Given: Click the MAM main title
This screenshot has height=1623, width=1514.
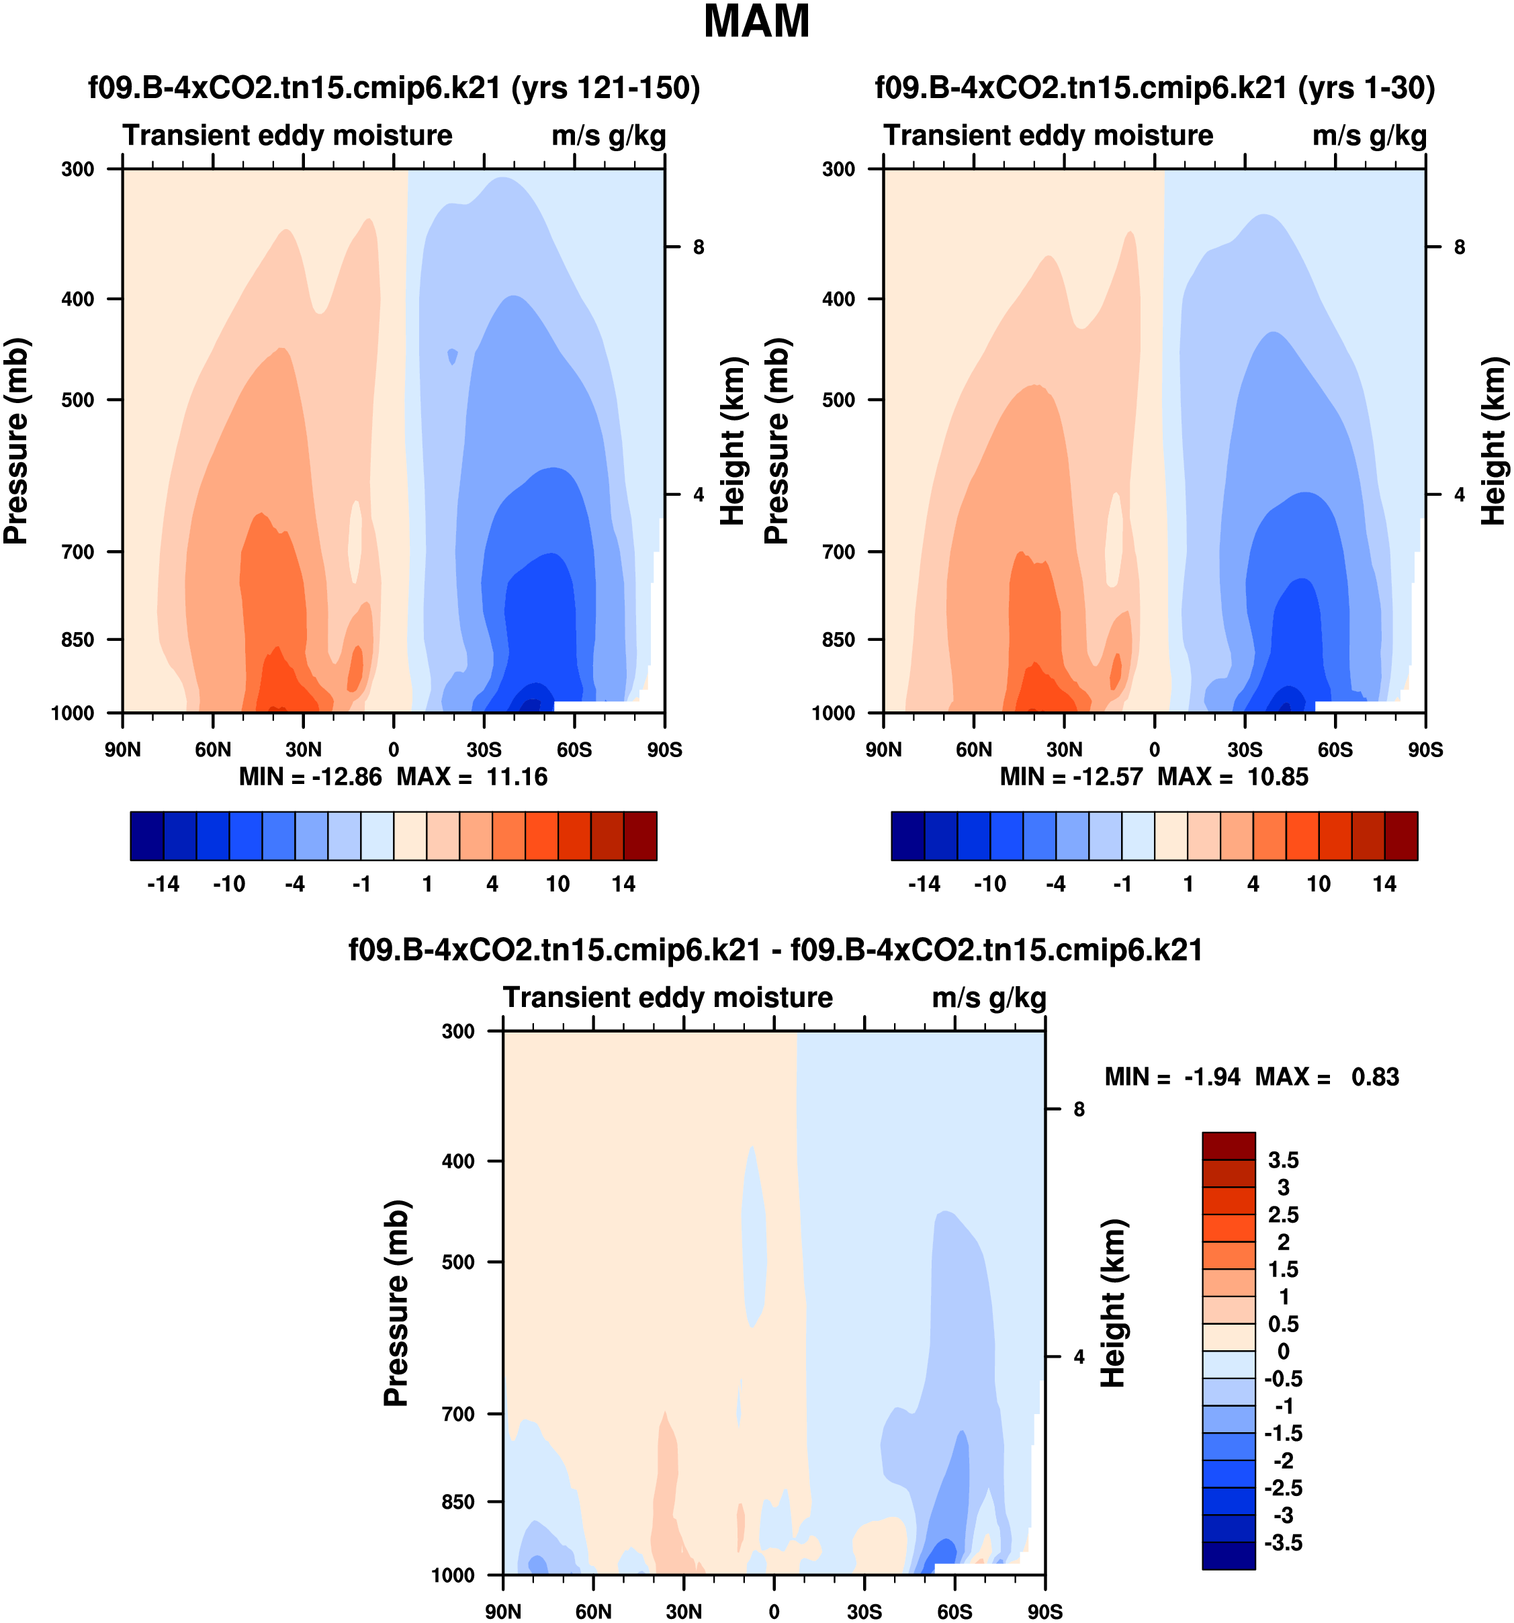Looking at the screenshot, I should tap(756, 23).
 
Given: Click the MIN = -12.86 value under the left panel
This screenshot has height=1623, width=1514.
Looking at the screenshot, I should tap(310, 777).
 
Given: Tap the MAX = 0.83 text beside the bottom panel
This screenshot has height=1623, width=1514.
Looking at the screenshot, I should tap(1327, 1077).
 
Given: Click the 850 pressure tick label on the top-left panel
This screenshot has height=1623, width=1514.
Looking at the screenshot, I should tap(79, 640).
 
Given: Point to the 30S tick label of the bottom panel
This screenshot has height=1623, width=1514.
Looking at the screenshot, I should tap(864, 1612).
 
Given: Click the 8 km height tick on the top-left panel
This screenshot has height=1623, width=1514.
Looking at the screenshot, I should tap(699, 247).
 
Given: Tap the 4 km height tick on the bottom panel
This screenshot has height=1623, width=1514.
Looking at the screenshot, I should tap(1079, 1357).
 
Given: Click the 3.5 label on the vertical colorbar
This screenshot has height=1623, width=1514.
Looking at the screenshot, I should tap(1283, 1160).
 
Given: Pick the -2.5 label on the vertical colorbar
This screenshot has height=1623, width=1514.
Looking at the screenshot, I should tap(1283, 1487).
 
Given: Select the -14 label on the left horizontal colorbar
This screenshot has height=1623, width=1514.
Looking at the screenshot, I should tap(163, 884).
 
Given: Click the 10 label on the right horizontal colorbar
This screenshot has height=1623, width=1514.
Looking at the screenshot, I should tap(1318, 884).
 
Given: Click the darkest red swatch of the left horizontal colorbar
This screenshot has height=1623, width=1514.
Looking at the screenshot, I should tap(640, 836).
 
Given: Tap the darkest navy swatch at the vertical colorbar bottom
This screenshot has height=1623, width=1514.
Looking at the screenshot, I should tap(1229, 1555).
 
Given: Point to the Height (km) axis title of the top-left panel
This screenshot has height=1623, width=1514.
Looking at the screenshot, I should tap(733, 441).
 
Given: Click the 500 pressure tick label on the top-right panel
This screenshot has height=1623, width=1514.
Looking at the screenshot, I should tap(839, 400).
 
